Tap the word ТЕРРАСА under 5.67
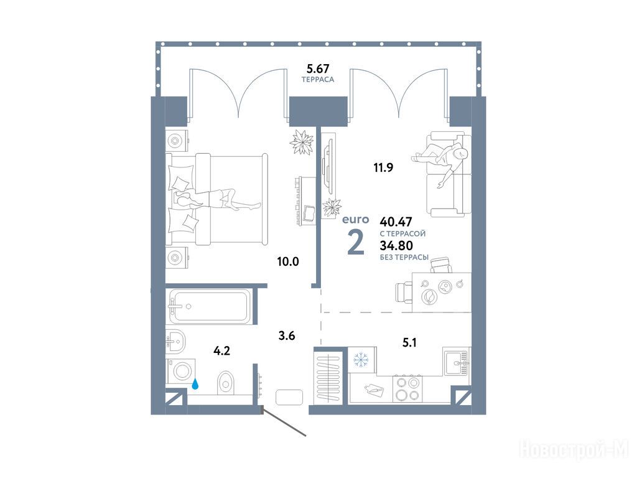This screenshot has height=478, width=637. tap(318, 80)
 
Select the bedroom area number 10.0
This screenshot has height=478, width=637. tap(288, 261)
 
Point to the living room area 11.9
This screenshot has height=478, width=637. tap(383, 167)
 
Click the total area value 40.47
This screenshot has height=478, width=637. tap(396, 222)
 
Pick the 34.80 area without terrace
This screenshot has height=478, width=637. tap(396, 245)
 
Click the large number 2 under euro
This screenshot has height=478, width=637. tap(356, 242)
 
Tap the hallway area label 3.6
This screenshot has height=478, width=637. tap(286, 335)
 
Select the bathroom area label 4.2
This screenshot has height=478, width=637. tap(222, 350)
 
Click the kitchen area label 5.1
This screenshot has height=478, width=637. tap(409, 343)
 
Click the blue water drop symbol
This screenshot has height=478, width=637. tap(195, 384)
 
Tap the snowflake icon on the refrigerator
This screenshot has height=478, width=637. tap(360, 360)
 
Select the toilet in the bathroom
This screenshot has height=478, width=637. tap(226, 383)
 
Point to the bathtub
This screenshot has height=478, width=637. tap(210, 306)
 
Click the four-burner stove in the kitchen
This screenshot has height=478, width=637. tap(407, 388)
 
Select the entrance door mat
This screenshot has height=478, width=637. tap(289, 397)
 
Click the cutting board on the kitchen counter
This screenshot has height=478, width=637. tap(373, 390)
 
